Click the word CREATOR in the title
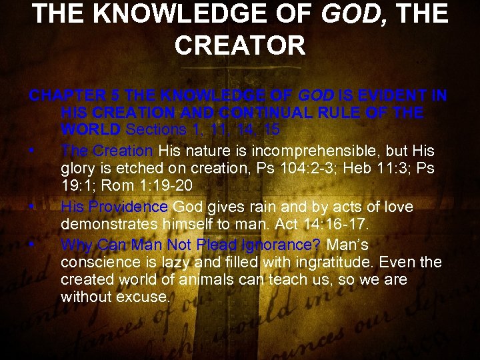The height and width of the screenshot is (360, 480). coord(240,45)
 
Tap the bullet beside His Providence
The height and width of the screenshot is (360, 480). coord(32,207)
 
